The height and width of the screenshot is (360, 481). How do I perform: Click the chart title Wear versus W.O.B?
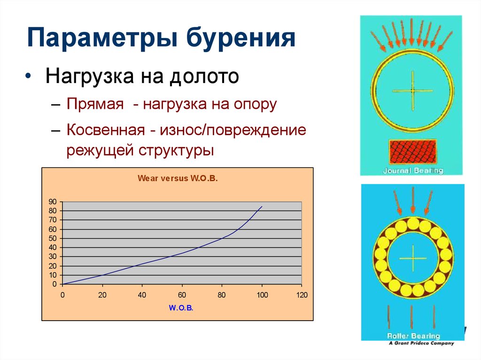178,179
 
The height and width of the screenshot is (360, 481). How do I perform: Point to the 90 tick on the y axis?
53,202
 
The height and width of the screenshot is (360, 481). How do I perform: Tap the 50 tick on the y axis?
53,238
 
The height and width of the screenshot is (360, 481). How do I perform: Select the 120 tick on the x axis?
302,295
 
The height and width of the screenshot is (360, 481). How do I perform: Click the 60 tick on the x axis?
182,295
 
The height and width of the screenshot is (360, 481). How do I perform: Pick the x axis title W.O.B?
181,308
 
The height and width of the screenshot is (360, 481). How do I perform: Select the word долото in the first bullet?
205,77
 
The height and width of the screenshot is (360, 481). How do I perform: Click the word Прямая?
94,104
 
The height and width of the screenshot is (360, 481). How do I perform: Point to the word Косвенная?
105,130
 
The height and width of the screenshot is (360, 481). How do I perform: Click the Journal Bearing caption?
413,170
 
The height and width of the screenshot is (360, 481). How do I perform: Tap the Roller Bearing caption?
413,336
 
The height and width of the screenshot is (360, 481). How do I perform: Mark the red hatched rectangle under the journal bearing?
413,152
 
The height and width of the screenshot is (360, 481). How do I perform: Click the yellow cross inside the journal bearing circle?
412,90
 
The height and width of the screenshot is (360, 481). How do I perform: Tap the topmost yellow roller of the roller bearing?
413,223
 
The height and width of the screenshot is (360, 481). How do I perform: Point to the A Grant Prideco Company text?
421,343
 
